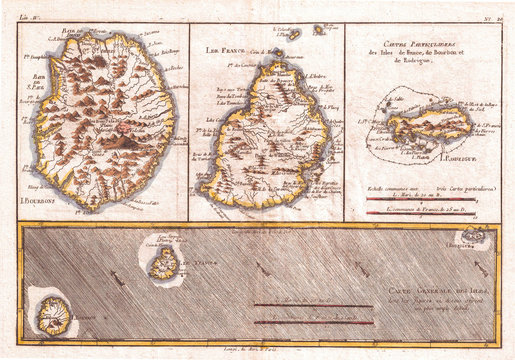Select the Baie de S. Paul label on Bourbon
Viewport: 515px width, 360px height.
[x=38, y=102]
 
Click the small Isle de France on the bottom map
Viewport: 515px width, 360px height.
[x=163, y=263]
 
